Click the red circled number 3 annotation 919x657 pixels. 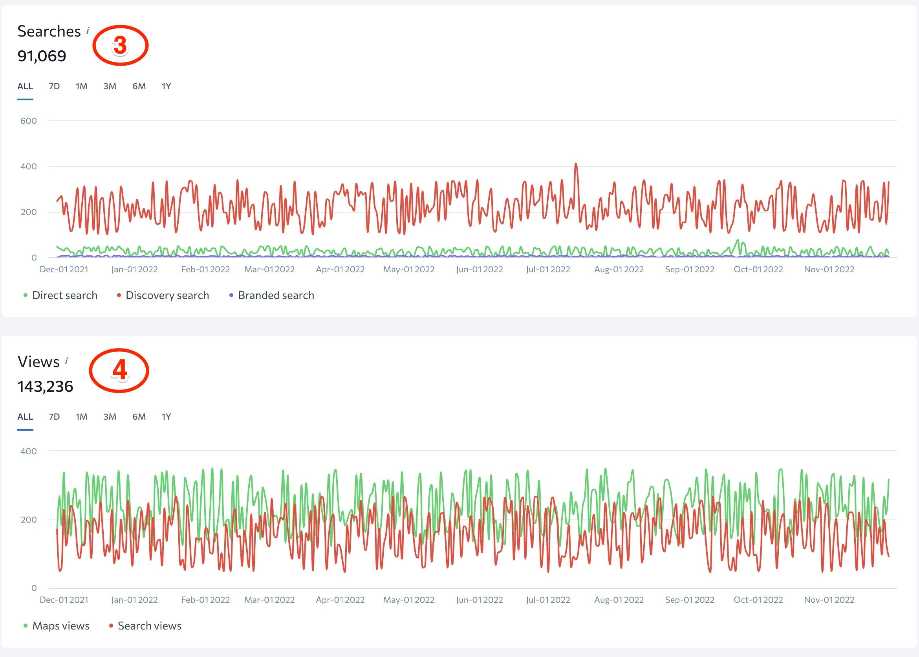(121, 45)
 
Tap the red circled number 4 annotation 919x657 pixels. (119, 370)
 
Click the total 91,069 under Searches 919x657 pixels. (42, 56)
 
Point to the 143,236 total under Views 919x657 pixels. (45, 386)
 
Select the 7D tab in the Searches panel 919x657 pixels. (54, 86)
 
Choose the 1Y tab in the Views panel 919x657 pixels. (166, 417)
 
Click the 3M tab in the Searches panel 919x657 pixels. (110, 86)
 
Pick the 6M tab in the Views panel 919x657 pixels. (139, 417)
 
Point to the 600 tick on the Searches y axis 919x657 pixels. (28, 121)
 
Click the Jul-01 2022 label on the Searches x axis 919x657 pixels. (548, 270)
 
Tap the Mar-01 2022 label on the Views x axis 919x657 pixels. (269, 600)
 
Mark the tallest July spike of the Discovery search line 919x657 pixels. (576, 164)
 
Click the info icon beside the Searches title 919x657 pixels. (88, 30)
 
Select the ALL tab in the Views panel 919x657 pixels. (25, 417)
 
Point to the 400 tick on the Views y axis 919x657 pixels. (28, 451)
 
